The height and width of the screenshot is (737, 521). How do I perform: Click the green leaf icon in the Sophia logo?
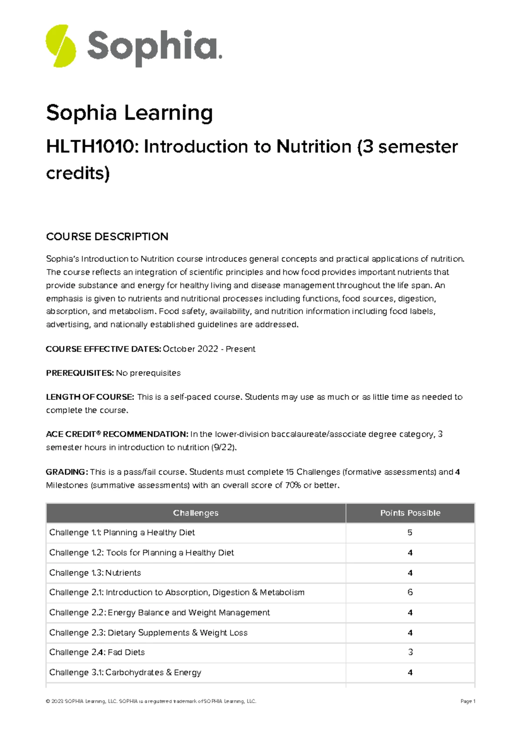coord(61,46)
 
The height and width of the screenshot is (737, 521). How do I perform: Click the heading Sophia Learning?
coord(129,113)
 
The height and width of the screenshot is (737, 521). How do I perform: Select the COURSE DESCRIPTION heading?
coord(107,237)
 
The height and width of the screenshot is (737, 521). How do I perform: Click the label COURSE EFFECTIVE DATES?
coord(103,349)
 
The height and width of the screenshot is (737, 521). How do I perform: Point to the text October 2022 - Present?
coord(209,349)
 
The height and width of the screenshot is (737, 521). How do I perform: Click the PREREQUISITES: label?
coord(80,373)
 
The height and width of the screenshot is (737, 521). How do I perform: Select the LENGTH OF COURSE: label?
coord(90,397)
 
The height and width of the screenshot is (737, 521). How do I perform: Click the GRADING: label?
coord(67,472)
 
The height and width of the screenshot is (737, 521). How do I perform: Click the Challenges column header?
coord(196,513)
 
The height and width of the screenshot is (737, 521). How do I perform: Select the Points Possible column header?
coord(410,513)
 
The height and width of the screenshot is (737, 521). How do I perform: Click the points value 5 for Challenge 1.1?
coord(410,533)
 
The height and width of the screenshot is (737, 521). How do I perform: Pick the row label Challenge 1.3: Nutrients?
coord(95,573)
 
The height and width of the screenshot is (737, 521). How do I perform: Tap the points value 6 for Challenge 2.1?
coord(410,592)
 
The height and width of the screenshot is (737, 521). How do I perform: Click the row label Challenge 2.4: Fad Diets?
coord(97,652)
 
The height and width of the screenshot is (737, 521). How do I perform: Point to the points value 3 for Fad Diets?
coord(410,652)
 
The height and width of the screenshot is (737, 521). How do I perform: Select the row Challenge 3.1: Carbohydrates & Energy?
coord(125,672)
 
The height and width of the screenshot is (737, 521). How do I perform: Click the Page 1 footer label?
coord(468,701)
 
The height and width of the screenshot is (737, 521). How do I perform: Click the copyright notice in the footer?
coord(151,701)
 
